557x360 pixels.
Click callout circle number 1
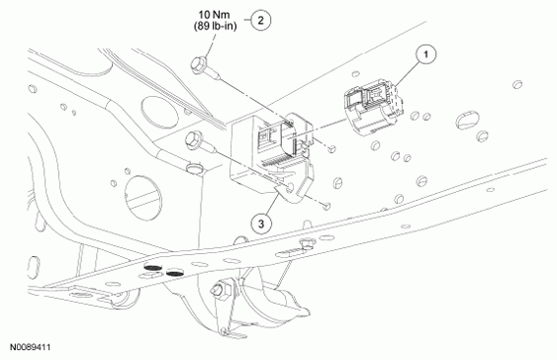click(425, 54)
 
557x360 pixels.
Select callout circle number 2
click(261, 20)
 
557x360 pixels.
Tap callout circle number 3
click(261, 225)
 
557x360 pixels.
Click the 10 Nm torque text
click(215, 15)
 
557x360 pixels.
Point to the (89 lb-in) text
click(216, 26)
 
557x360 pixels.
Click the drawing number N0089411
click(30, 347)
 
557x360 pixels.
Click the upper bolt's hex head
click(198, 64)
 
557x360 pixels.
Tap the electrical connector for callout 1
click(373, 107)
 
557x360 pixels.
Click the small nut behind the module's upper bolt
click(331, 149)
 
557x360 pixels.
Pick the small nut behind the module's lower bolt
click(327, 205)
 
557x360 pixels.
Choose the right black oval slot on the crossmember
click(174, 273)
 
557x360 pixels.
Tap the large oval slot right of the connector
click(467, 121)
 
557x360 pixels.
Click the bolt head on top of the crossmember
click(305, 244)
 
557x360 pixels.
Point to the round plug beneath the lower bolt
click(195, 167)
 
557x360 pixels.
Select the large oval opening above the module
click(158, 110)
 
